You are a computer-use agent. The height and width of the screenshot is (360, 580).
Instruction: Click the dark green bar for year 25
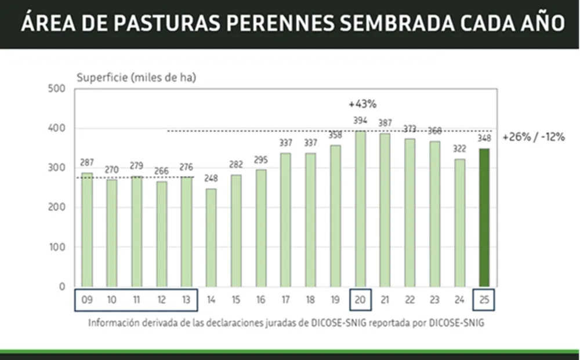[x=484, y=217]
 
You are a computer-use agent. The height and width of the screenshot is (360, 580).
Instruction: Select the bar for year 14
[x=211, y=237]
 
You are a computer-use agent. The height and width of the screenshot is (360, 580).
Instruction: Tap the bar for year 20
[x=360, y=209]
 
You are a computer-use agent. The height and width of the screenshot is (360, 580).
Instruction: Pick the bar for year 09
[x=87, y=230]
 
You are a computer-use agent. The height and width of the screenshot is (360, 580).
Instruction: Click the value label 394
[x=360, y=121]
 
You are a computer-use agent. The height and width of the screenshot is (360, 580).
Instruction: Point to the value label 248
[x=211, y=179]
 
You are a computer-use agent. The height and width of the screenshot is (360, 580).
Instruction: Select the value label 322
[x=459, y=149]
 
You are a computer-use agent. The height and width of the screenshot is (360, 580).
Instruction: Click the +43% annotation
[x=362, y=104]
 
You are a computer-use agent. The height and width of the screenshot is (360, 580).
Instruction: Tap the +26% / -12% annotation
[x=534, y=137]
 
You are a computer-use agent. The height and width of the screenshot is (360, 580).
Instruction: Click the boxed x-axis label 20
[x=360, y=300]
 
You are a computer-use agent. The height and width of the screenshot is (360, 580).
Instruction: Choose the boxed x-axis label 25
[x=484, y=300]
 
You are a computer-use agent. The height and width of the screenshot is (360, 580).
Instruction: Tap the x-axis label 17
[x=286, y=300]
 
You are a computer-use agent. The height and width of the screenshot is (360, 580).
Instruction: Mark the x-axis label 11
[x=137, y=300]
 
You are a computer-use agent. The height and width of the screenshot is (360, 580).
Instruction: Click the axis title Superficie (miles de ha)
[x=136, y=78]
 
